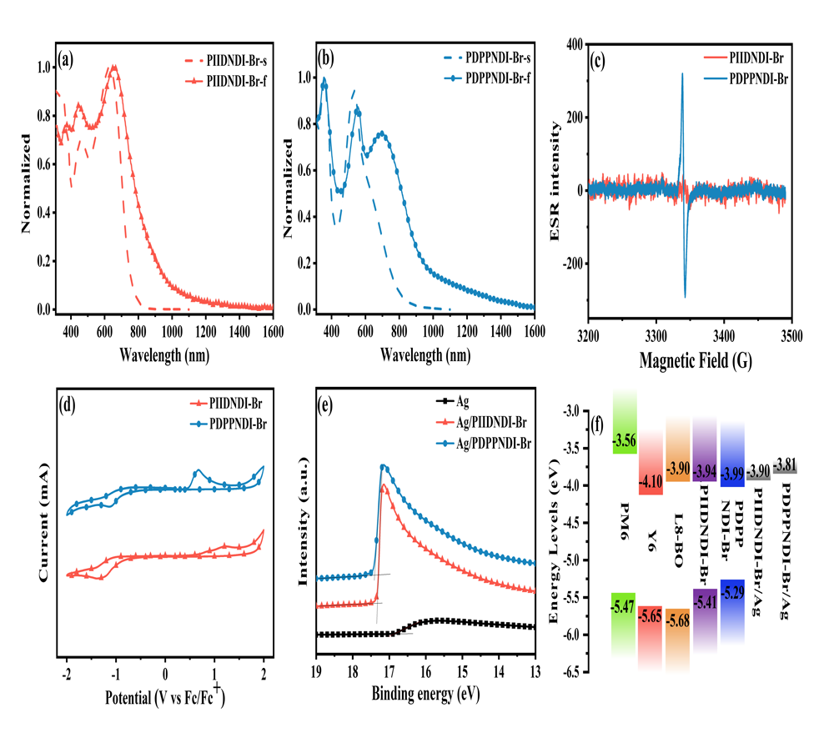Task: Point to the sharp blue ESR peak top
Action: [x=682, y=74]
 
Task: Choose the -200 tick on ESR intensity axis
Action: [x=565, y=264]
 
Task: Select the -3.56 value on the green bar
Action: [x=625, y=439]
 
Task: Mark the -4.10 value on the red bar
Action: [x=651, y=480]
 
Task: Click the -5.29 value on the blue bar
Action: [x=731, y=594]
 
